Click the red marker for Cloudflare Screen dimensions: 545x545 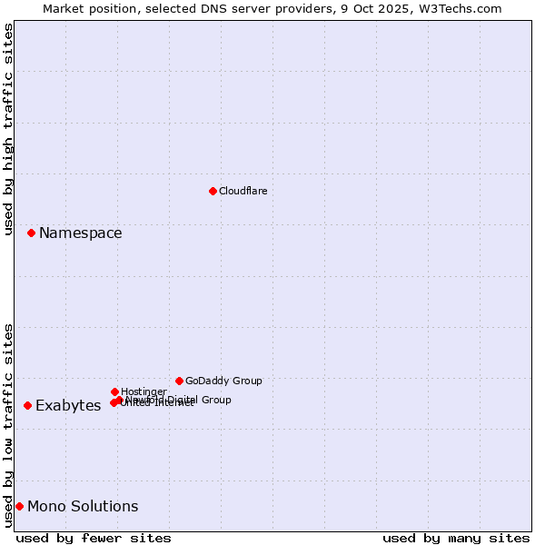click(213, 191)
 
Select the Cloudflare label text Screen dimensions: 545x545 click(243, 191)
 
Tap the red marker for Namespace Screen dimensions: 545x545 click(31, 233)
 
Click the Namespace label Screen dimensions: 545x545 click(80, 233)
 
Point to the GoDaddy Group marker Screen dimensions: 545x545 click(179, 381)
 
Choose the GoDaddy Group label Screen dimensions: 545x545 click(223, 381)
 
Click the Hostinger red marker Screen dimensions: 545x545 click(114, 391)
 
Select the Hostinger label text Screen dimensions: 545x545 click(144, 391)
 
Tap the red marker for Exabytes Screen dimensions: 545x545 click(27, 405)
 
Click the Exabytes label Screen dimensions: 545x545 click(68, 406)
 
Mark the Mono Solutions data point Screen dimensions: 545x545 click(19, 506)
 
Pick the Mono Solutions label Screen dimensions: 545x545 click(83, 507)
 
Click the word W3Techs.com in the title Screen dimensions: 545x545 click(463, 8)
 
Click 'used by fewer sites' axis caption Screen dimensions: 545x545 click(94, 538)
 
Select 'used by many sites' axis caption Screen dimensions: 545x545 click(456, 538)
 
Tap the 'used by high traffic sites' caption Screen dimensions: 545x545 click(8, 129)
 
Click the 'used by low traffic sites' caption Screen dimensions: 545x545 click(8, 425)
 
